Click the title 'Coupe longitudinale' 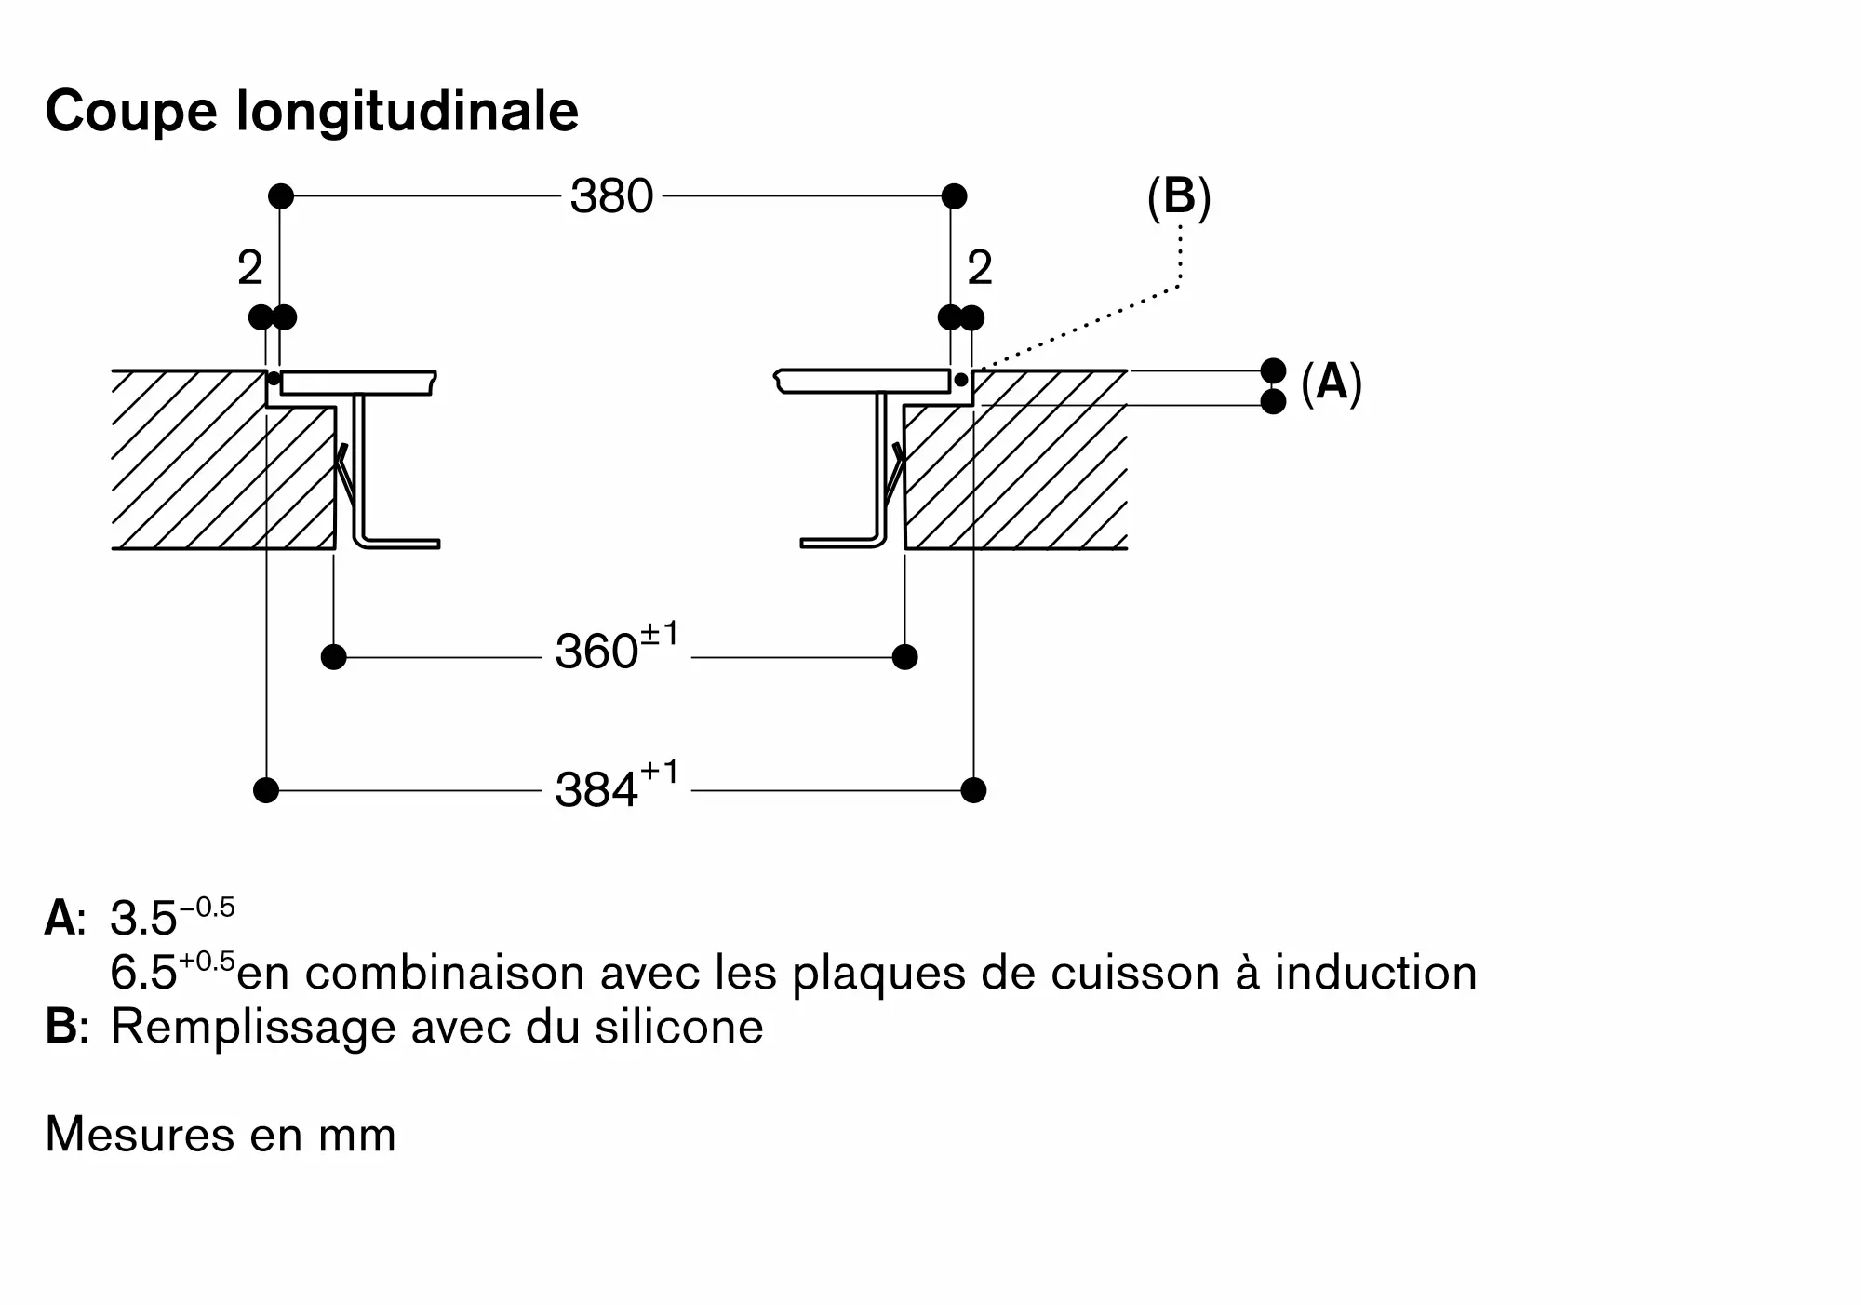click(312, 112)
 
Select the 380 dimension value click(612, 196)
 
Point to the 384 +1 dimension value click(617, 785)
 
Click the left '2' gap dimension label click(250, 268)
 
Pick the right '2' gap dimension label click(980, 268)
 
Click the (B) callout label click(1179, 198)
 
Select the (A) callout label click(1332, 383)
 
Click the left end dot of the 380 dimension click(281, 196)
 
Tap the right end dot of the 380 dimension click(954, 196)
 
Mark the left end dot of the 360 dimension click(333, 657)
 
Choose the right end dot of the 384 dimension click(973, 790)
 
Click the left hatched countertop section click(223, 460)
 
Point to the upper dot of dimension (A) click(1273, 370)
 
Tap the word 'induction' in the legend click(1375, 973)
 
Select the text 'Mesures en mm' click(221, 1135)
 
